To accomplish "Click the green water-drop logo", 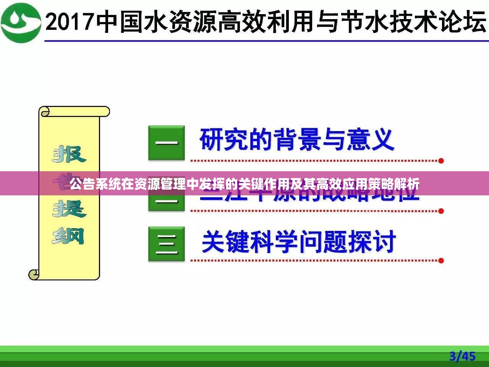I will (21, 22).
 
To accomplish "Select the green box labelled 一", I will (167, 143).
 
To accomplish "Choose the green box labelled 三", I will (167, 244).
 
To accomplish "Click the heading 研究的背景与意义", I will (296, 140).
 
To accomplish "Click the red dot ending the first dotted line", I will (441, 161).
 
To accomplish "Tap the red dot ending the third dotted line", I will (441, 261).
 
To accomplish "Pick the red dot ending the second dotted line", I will (441, 211).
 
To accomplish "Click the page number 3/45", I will (462, 356).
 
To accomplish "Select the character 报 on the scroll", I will (69, 154).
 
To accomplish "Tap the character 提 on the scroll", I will (69, 209).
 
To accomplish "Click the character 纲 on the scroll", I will (68, 236).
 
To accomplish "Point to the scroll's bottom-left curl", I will (34, 274).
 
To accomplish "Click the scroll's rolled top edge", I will (74, 112).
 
